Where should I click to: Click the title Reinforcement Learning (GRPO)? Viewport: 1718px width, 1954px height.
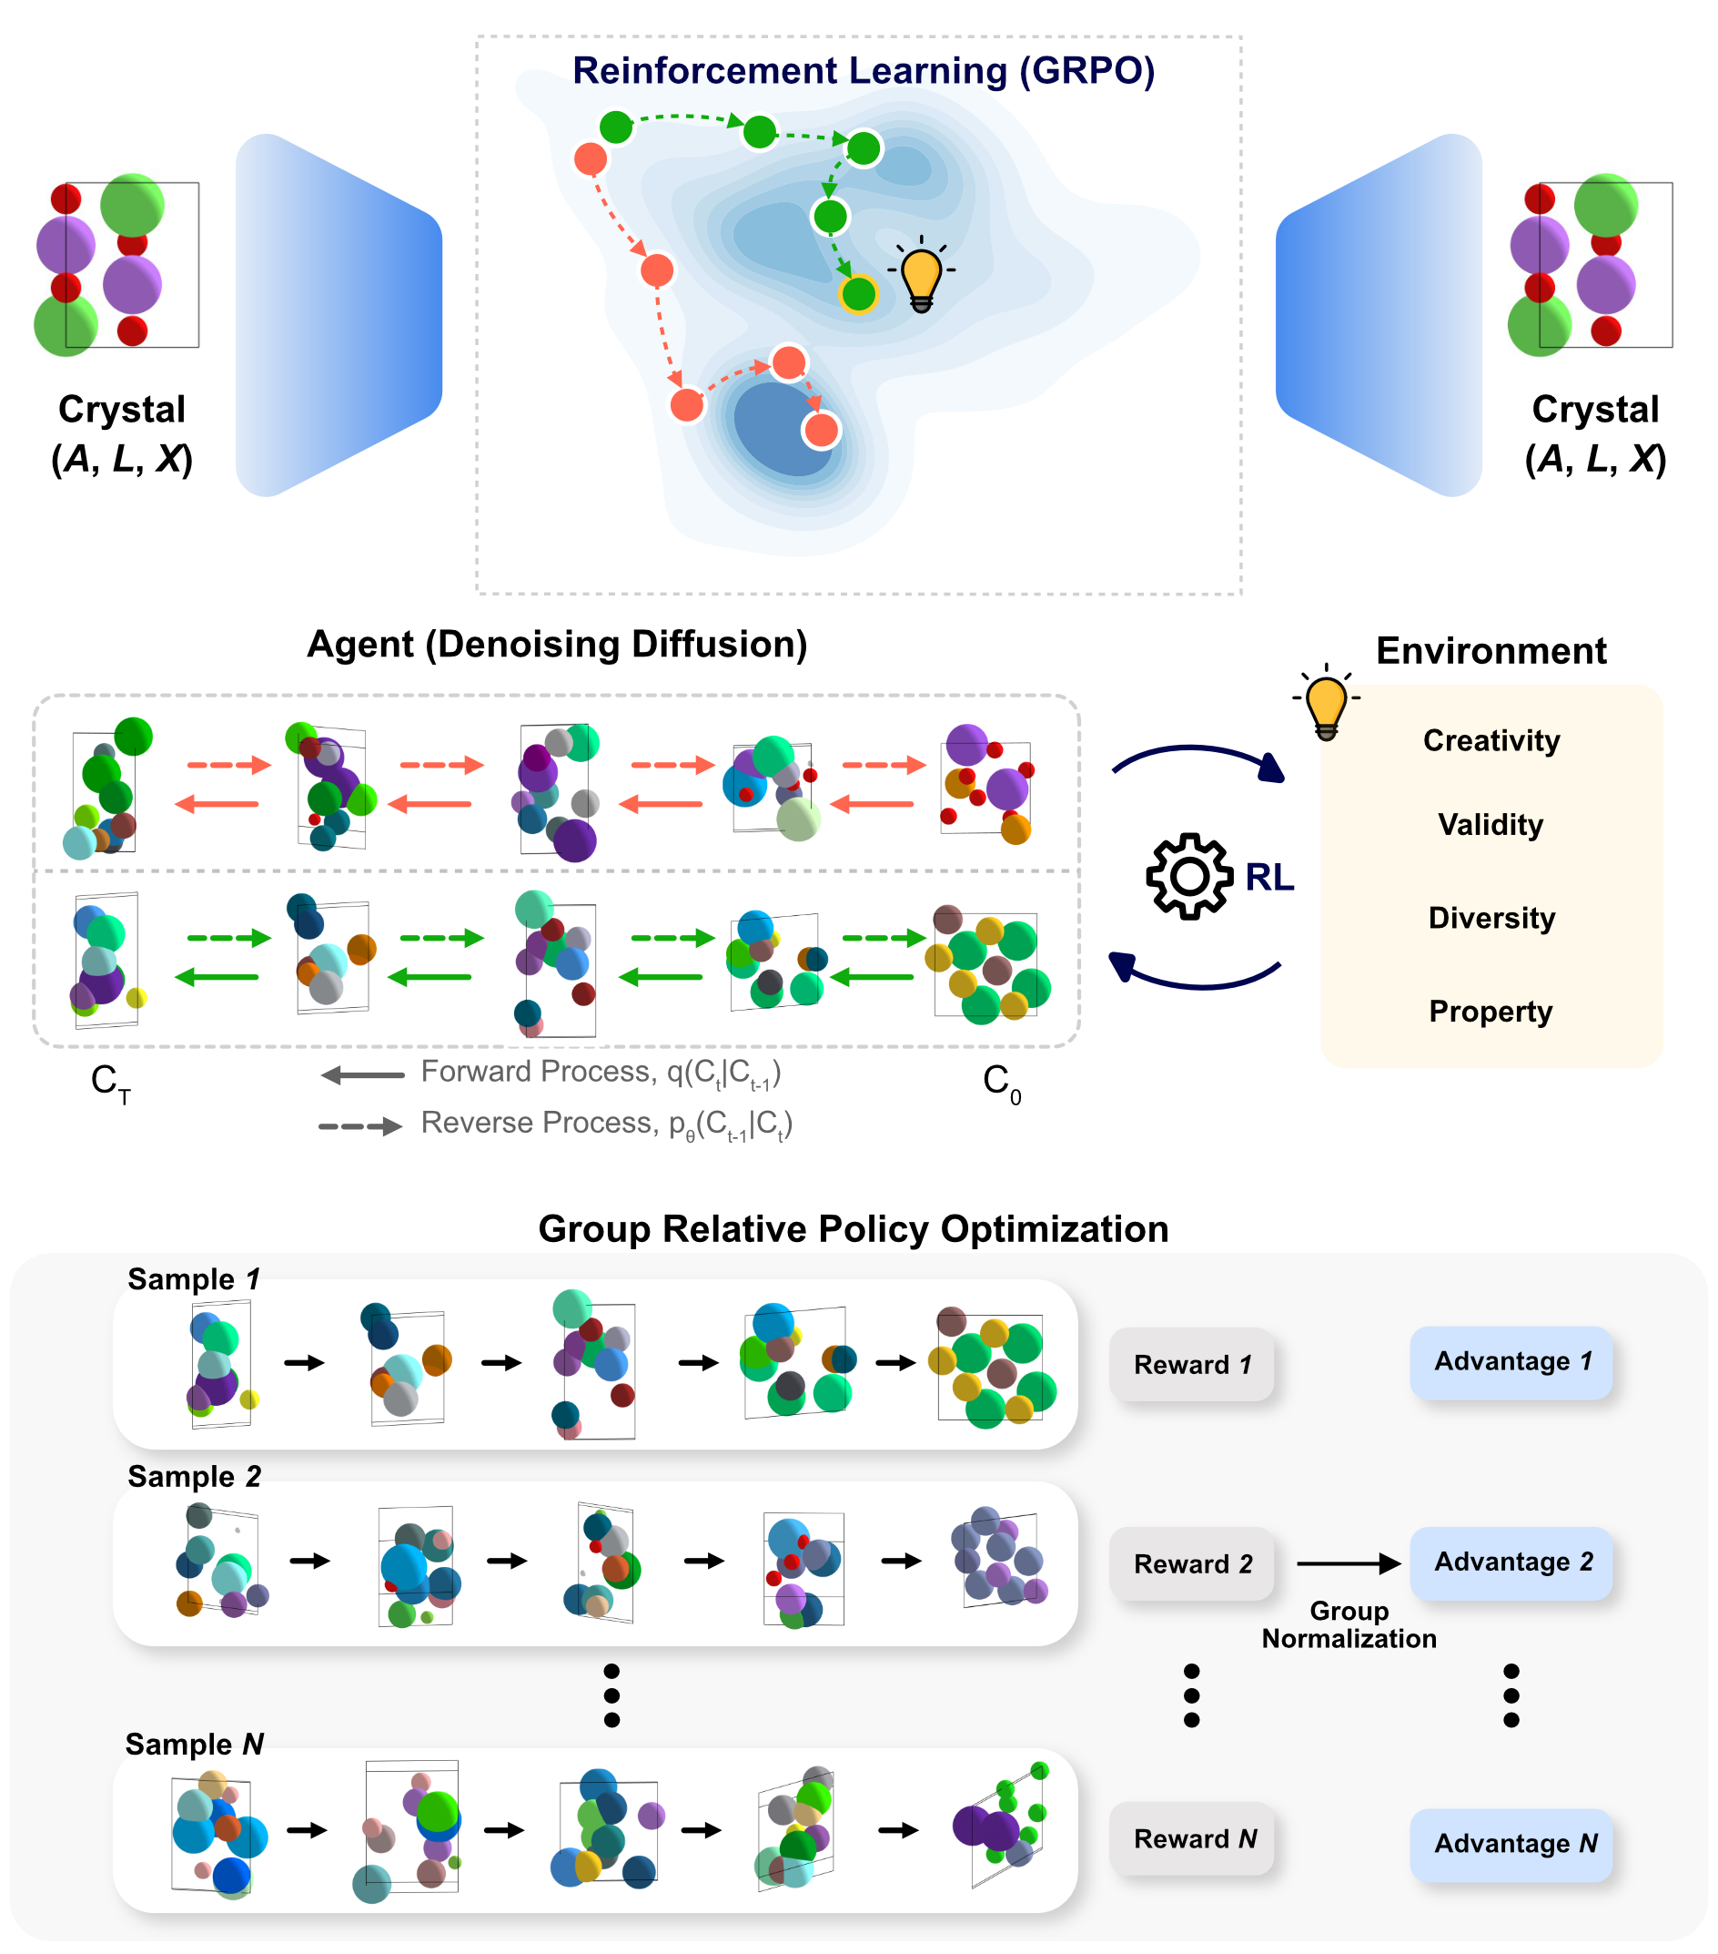tap(863, 72)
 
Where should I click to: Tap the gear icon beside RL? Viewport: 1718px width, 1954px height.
tap(1188, 877)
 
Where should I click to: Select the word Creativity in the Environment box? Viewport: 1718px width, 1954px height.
tap(1491, 741)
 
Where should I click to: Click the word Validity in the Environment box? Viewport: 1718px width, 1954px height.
tap(1491, 825)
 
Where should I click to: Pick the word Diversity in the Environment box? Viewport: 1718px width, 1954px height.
tap(1491, 919)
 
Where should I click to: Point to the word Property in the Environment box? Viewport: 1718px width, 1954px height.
tap(1491, 1012)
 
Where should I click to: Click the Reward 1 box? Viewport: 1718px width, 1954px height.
tap(1191, 1365)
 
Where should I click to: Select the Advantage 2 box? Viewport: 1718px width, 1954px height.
tap(1511, 1562)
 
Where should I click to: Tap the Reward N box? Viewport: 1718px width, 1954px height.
tap(1191, 1839)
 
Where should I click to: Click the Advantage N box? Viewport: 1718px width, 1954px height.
tap(1511, 1844)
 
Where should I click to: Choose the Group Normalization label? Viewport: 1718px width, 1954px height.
tap(1349, 1625)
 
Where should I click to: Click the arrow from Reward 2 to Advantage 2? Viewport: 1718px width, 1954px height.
tap(1349, 1564)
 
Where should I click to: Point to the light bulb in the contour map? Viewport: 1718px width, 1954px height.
tap(921, 276)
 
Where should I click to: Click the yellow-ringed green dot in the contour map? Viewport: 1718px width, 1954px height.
tap(858, 293)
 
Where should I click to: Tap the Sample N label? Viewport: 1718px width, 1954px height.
tap(194, 1745)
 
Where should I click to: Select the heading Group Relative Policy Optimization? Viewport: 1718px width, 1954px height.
tap(854, 1229)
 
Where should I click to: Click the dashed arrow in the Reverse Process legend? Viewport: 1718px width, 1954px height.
tap(359, 1126)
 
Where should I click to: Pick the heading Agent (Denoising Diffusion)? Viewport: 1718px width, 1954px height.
tap(557, 646)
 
